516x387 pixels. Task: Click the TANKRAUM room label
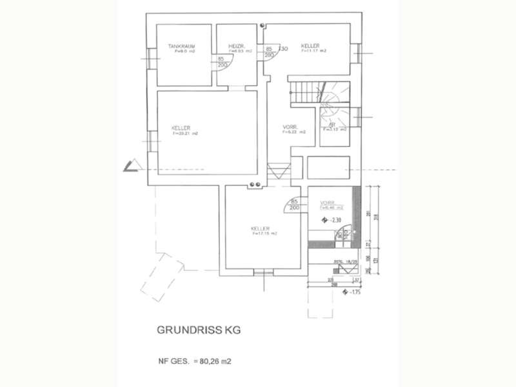[x=181, y=46]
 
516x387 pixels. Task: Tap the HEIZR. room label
[x=235, y=46]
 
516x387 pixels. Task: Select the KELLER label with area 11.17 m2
[x=310, y=46]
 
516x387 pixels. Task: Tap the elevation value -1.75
[x=354, y=292]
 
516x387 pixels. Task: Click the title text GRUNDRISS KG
[x=197, y=330]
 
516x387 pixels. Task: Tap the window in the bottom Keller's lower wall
[x=264, y=273]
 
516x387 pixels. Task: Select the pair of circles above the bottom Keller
[x=254, y=186]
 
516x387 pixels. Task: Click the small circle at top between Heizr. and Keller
[x=263, y=25]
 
